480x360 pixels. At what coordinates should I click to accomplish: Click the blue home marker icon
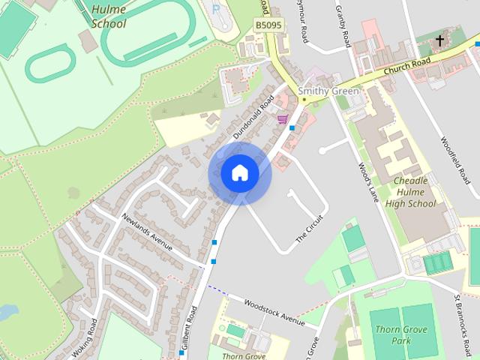[239, 173]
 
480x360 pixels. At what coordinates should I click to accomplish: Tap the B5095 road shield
[268, 25]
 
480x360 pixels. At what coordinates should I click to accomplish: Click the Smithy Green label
[328, 91]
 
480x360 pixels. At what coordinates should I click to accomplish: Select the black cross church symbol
[439, 39]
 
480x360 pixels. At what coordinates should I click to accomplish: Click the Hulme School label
[108, 16]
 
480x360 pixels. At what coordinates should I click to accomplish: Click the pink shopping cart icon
[283, 118]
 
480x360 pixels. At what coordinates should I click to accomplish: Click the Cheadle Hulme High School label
[410, 192]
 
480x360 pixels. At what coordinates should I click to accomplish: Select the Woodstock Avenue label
[273, 311]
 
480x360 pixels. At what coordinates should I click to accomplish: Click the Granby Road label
[345, 26]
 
